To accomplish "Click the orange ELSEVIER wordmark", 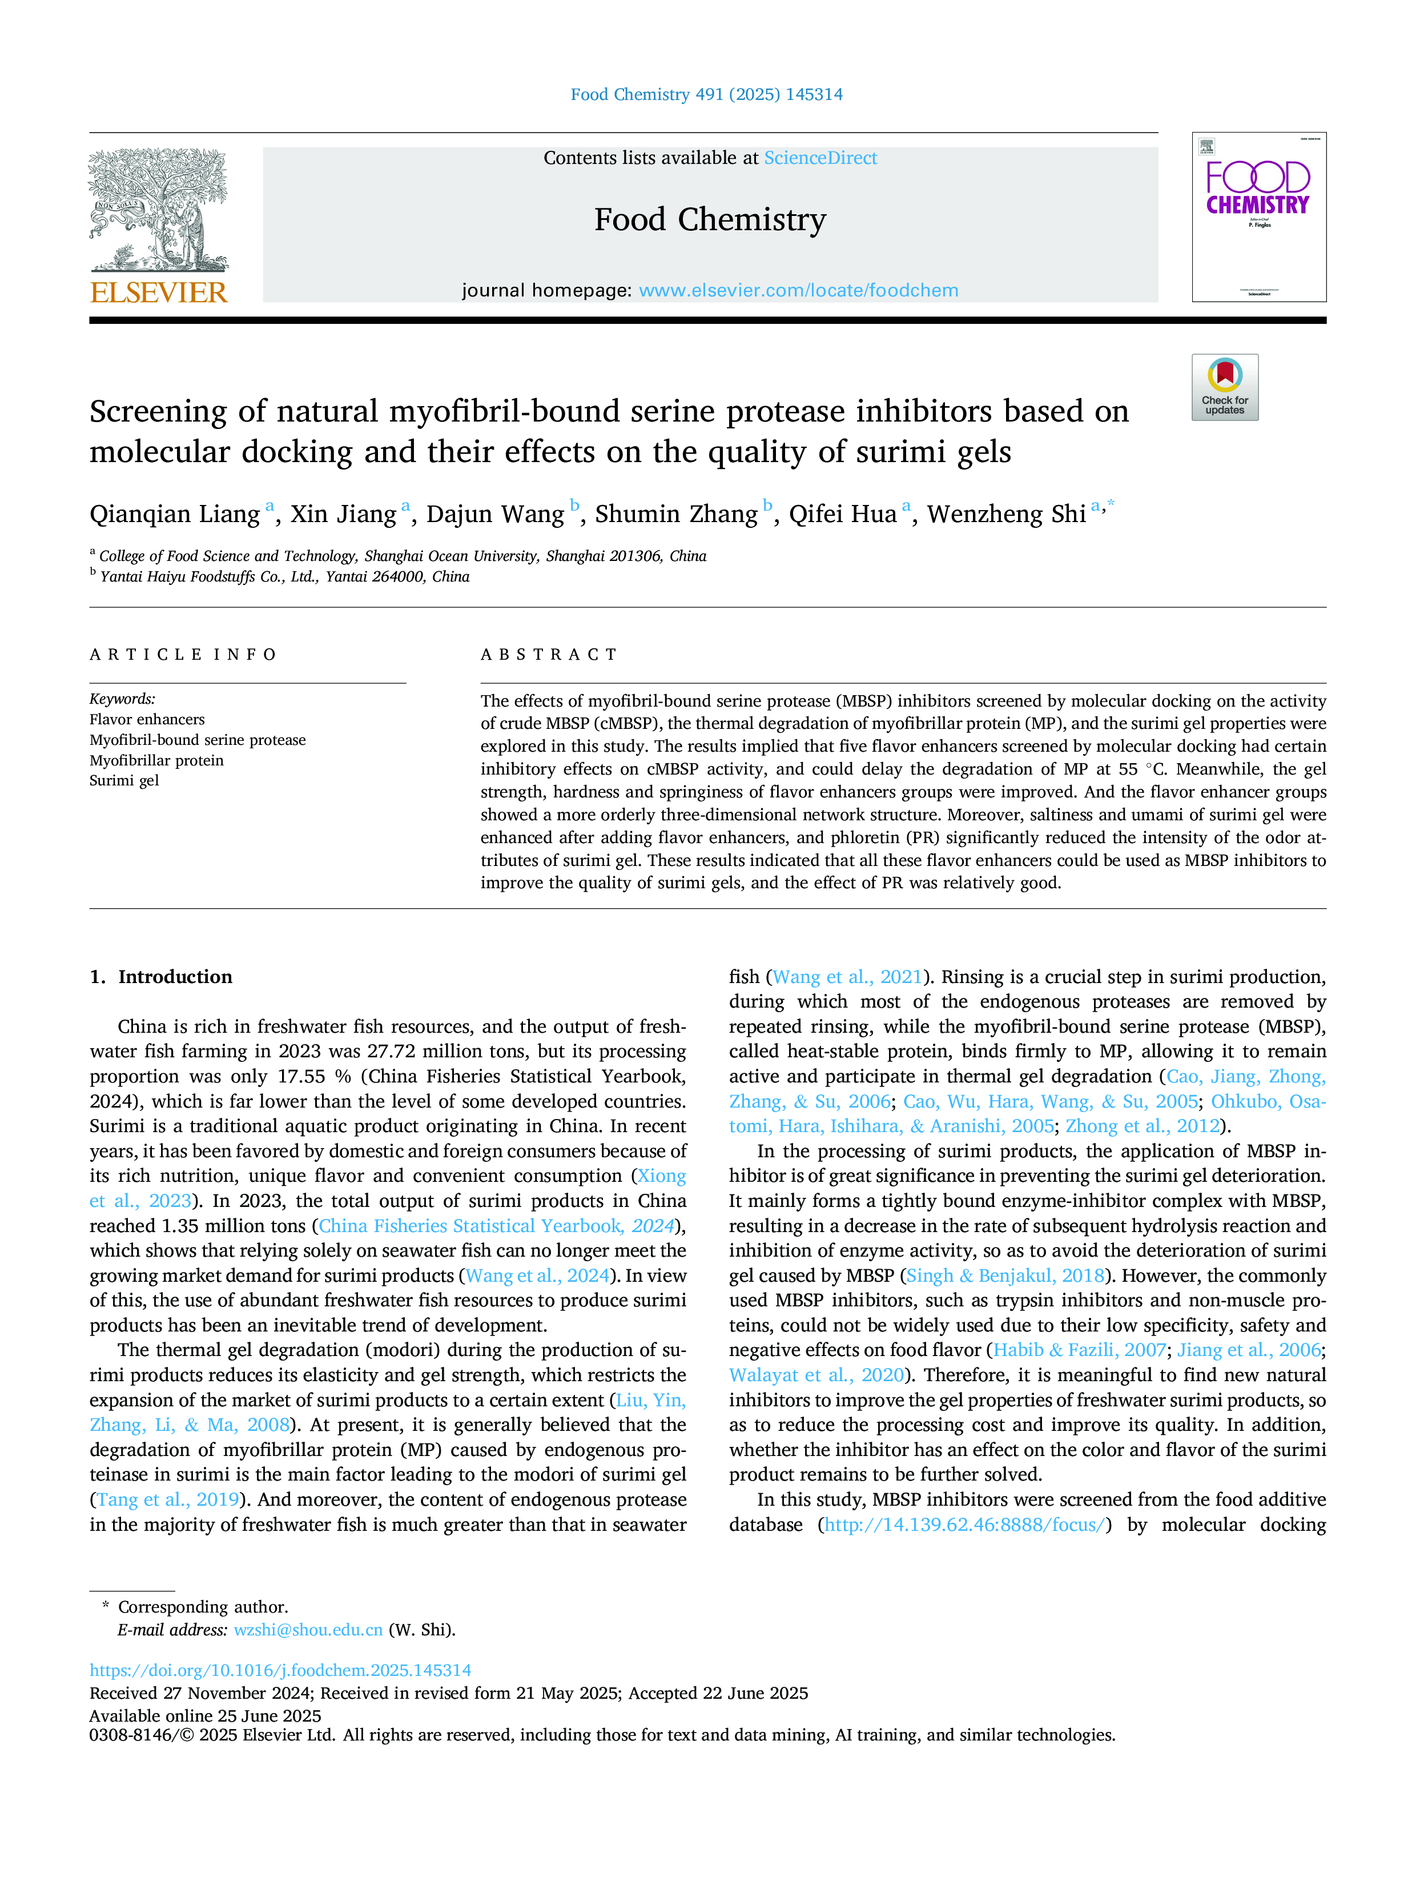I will click(x=159, y=293).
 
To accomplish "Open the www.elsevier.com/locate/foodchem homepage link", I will click(x=798, y=290).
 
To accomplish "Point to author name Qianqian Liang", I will click(x=175, y=514).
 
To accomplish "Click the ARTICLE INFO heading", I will click(x=183, y=655).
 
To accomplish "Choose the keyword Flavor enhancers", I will click(x=147, y=719).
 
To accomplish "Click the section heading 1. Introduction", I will click(x=162, y=977).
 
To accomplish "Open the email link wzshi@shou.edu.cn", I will click(x=308, y=1630).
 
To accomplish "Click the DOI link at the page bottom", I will click(x=280, y=1670).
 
